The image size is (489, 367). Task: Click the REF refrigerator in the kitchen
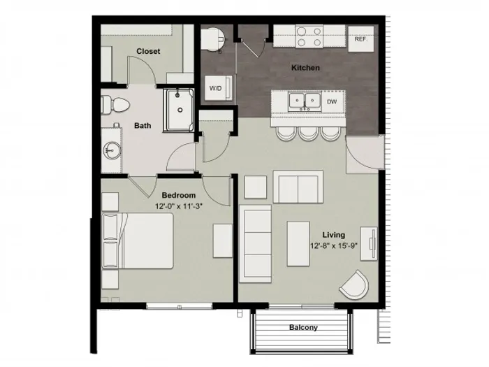coord(361,39)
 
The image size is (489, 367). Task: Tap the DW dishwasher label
coord(332,101)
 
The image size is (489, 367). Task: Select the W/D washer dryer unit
coord(218,88)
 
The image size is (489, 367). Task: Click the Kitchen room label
coord(305,68)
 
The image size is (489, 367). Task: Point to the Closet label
coord(148,51)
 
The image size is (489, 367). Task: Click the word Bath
coord(143,125)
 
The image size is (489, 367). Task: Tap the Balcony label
coord(303,327)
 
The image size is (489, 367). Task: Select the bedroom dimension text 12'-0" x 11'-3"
coord(179,206)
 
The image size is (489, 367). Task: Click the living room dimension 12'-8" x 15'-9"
coord(334,245)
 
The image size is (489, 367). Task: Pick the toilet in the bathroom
coord(115,105)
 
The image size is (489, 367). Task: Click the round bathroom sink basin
coord(112,151)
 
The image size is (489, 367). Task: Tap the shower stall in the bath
coord(179,110)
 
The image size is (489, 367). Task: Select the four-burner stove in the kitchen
coord(309,36)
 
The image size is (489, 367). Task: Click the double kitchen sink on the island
coord(305,101)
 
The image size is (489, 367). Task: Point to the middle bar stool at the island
coord(308,134)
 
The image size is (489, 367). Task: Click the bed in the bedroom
coord(138,240)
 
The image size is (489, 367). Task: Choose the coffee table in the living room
coord(298,244)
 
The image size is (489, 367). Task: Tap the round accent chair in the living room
coord(355,285)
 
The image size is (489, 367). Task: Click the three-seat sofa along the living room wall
coord(255,244)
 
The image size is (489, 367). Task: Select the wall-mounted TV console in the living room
coord(370,244)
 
